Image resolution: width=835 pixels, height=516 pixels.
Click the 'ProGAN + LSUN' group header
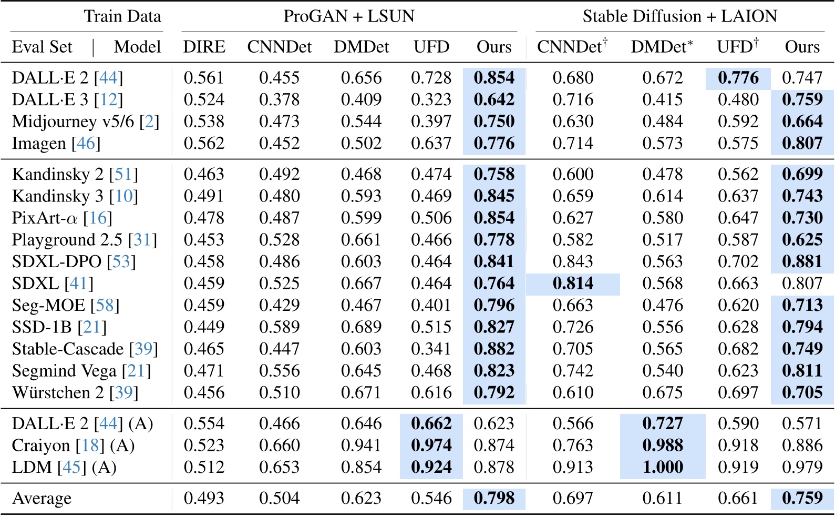tap(349, 16)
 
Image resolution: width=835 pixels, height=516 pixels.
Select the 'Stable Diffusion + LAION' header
tap(679, 16)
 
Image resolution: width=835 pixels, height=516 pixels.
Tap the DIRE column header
tap(204, 47)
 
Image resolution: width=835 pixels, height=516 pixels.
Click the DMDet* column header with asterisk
tap(662, 47)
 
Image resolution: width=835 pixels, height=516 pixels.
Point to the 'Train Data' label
tap(122, 16)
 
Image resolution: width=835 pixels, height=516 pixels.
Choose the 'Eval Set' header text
tap(42, 47)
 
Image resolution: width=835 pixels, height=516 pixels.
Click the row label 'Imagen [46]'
tap(56, 143)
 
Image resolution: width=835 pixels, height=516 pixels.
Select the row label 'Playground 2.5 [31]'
tap(85, 240)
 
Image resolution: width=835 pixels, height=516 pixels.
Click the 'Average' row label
tap(42, 498)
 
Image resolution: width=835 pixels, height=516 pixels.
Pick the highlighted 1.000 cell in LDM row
tap(663, 467)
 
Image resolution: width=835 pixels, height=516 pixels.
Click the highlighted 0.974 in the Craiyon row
tap(431, 445)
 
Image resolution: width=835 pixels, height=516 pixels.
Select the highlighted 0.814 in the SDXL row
tap(573, 284)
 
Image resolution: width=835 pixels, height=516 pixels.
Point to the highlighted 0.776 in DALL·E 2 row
tap(738, 78)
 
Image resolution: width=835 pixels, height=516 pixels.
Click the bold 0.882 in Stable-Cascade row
tap(494, 349)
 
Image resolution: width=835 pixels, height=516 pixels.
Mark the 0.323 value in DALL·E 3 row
tap(431, 99)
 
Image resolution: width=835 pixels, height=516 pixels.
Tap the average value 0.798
tap(494, 498)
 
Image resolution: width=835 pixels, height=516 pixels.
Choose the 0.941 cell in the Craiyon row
tap(361, 445)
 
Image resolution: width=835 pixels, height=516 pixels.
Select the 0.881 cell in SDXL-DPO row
tap(802, 261)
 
